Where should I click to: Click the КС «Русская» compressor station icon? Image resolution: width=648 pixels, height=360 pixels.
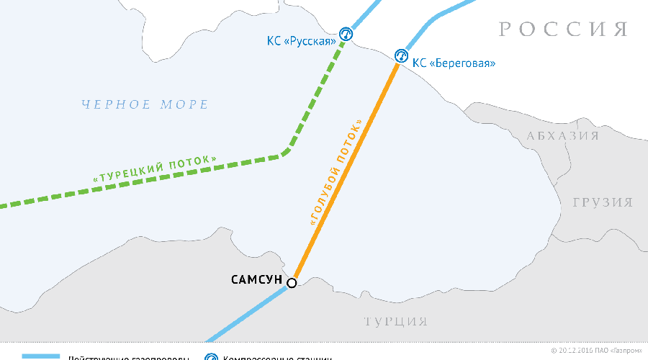point(346,34)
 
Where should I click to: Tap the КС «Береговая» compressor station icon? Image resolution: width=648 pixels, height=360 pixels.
point(401,55)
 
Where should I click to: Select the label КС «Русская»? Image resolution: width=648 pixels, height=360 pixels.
point(302,41)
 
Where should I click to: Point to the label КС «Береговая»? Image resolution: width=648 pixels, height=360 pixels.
point(454,63)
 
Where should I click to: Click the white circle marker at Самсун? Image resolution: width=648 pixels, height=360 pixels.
point(292,283)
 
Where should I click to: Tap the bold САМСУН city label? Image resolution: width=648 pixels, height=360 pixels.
point(256,279)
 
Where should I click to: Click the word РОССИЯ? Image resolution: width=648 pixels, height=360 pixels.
point(563,30)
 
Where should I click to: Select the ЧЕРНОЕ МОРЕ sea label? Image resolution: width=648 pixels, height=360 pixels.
point(145,105)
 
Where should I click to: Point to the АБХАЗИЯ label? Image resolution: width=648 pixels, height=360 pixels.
point(562,136)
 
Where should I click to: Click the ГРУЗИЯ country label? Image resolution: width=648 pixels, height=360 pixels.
point(602,202)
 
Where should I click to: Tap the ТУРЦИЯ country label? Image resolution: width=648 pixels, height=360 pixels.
point(395,321)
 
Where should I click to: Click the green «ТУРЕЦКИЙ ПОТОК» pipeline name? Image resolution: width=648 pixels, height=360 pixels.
point(154,167)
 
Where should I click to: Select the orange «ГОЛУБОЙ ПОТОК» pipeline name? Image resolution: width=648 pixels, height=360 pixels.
point(334,174)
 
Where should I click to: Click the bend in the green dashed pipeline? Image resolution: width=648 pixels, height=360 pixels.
point(287,152)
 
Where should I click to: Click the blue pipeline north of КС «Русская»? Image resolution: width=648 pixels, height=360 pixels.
point(364,11)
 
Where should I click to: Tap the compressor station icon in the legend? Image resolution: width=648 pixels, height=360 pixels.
point(211,358)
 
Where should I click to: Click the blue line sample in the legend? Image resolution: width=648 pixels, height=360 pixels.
point(40,357)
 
